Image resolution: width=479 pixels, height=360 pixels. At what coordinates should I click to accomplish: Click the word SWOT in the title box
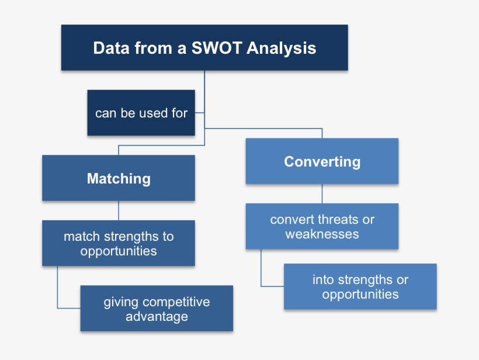217,48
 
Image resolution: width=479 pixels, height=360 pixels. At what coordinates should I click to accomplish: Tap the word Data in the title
112,48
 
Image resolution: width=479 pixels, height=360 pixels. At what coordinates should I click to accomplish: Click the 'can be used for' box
141,113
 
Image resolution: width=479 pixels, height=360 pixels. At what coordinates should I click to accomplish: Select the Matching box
119,178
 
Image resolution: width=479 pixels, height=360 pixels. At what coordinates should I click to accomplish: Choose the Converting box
322,161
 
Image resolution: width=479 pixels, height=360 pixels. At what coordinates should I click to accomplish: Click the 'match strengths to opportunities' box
119,244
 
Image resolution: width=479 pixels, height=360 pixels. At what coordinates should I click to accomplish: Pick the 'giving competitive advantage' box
157,309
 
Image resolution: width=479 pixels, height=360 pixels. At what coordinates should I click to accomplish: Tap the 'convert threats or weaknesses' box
322,227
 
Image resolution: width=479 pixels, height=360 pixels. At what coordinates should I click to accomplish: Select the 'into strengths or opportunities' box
360,287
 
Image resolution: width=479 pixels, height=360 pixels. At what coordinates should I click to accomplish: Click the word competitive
176,302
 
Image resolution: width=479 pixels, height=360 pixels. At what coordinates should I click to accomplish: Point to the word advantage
157,317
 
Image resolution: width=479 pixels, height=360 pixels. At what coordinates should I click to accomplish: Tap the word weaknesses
322,234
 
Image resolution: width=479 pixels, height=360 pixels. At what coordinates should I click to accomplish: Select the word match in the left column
81,237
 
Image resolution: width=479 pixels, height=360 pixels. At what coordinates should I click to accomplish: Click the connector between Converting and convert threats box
322,193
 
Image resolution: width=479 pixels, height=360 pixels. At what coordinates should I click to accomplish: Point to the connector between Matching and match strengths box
119,210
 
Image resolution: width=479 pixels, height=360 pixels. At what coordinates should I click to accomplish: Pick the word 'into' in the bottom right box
323,280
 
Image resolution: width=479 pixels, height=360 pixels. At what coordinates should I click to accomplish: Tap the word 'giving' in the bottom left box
122,302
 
